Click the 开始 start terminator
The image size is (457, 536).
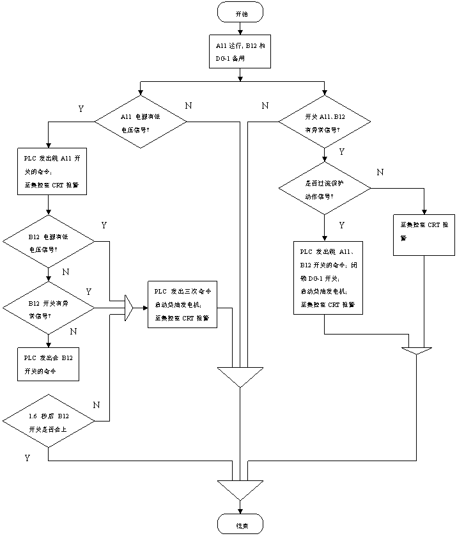coord(240,13)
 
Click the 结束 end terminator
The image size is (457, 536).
coord(240,525)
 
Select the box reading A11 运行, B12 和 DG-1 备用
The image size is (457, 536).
coord(240,52)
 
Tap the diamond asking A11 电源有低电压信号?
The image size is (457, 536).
coord(140,122)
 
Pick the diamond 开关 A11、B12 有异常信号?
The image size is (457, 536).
coord(324,122)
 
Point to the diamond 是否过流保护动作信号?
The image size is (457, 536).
coord(324,189)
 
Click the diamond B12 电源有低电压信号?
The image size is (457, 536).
coord(49,242)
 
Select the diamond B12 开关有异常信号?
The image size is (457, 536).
coord(49,308)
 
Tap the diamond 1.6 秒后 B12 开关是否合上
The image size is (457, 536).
coord(49,422)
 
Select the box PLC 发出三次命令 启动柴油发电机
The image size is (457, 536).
coord(182,304)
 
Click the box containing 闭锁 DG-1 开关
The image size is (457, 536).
coord(328,278)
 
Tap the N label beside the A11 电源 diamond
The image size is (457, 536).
coord(189,105)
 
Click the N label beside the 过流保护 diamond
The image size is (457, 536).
coord(380,172)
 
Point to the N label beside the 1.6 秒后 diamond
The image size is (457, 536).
coord(97,404)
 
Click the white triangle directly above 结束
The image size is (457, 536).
coord(240,489)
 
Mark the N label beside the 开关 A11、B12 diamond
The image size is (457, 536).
coord(265,105)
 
